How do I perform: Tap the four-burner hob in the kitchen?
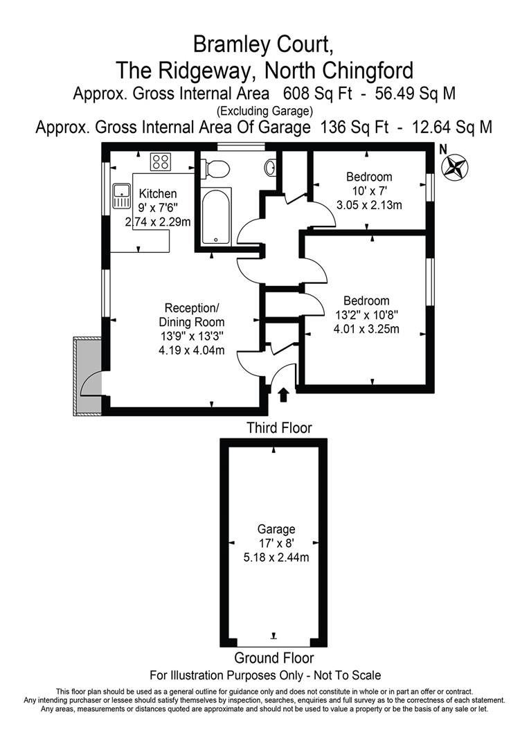coord(161,162)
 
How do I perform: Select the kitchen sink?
coord(122,196)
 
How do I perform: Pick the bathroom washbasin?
coord(271,167)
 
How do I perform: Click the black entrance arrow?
coord(283,395)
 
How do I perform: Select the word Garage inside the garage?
coord(276,529)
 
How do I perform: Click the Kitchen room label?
coord(158,194)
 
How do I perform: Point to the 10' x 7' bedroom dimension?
coord(369,190)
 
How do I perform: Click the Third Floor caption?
coord(279,428)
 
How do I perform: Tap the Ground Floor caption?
coord(274,658)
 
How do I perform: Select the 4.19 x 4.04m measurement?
coord(191,350)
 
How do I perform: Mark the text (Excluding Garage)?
coord(264,110)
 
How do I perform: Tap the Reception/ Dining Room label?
coord(191,314)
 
